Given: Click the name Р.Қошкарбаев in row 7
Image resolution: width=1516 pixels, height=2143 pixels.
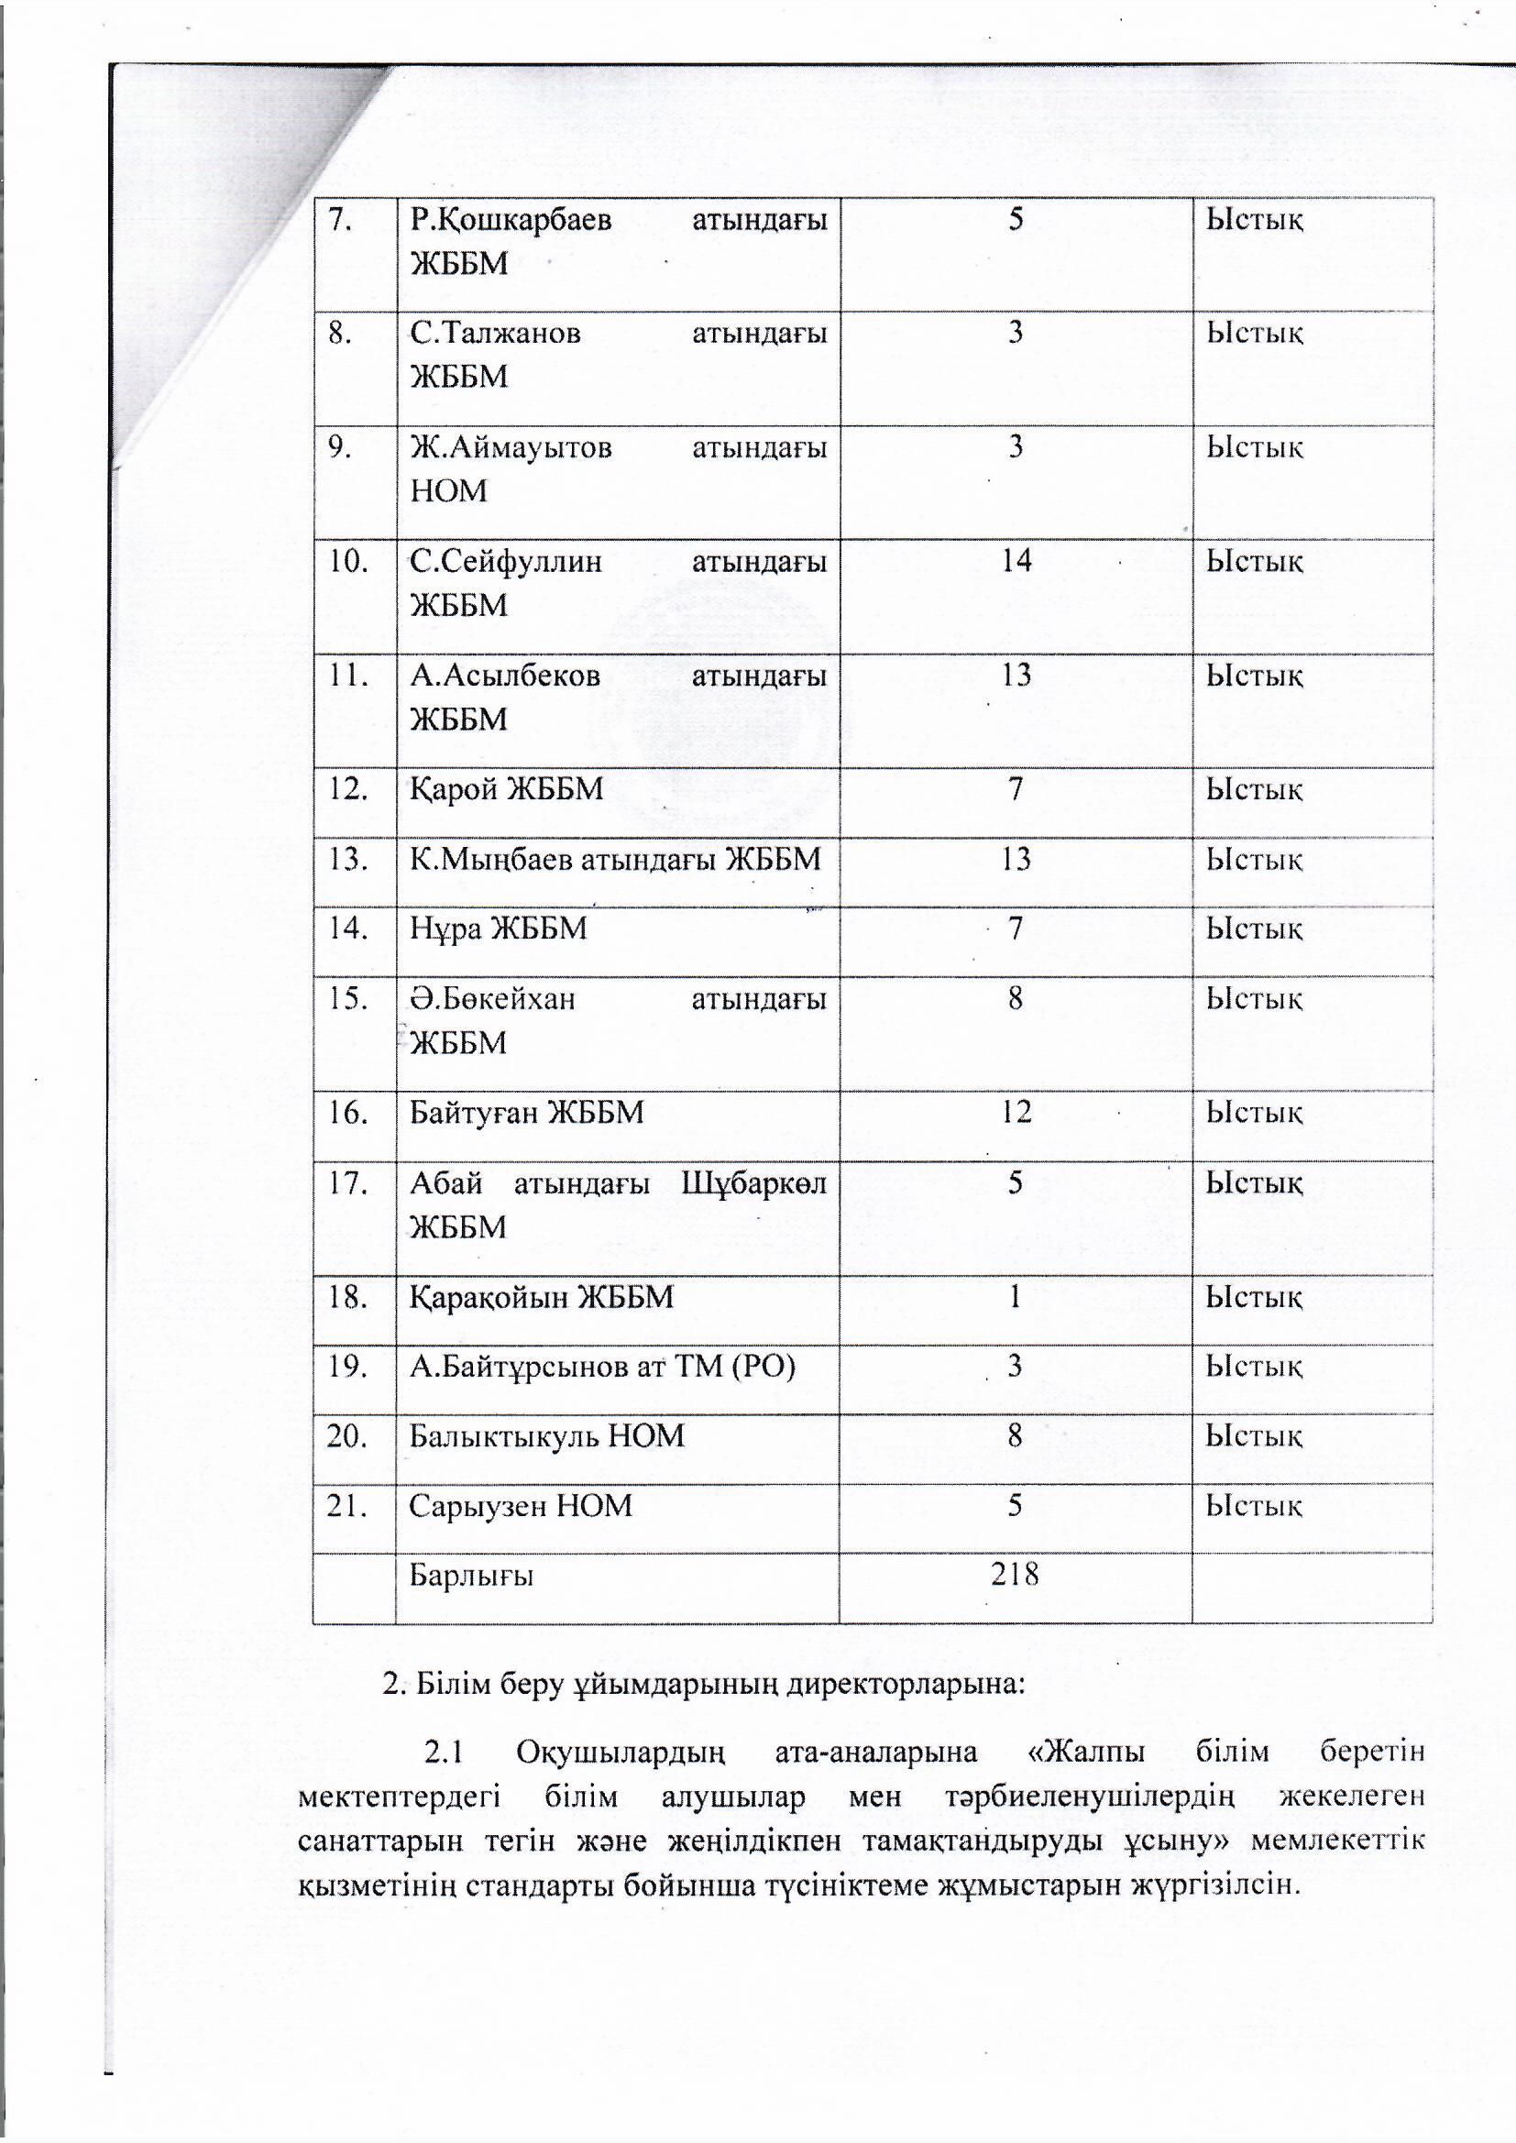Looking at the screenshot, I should [x=511, y=220].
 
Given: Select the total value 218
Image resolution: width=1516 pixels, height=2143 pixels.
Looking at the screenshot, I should [x=1015, y=1576].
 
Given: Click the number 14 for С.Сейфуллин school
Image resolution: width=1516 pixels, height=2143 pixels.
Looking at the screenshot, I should [x=1016, y=560].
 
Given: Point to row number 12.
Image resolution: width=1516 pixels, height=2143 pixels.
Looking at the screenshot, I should [x=346, y=789].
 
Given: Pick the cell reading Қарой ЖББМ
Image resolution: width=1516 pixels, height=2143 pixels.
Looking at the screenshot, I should [x=507, y=790].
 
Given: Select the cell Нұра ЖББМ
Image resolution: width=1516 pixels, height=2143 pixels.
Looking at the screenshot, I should [x=499, y=929].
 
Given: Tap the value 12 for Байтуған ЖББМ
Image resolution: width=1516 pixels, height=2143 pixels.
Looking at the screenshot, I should [x=1015, y=1112].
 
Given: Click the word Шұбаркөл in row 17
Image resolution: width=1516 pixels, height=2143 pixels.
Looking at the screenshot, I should [x=754, y=1184].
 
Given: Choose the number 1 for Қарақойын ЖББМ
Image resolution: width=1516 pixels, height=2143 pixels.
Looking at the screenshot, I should [x=1016, y=1296].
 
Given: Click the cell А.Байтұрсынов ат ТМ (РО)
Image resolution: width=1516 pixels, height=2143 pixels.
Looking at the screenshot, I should [x=602, y=1367].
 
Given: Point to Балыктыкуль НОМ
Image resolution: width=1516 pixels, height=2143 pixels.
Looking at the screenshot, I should [x=547, y=1435].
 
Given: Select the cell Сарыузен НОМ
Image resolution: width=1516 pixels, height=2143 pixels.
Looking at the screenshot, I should [x=521, y=1506].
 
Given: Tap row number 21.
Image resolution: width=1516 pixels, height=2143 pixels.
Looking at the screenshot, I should [x=346, y=1506].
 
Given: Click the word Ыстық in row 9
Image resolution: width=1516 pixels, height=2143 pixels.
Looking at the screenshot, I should [x=1254, y=448].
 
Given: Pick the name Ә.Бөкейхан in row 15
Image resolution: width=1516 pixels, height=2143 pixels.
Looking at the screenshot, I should [x=493, y=1000].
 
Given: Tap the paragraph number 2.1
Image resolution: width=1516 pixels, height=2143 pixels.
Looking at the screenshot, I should [x=444, y=1752].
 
